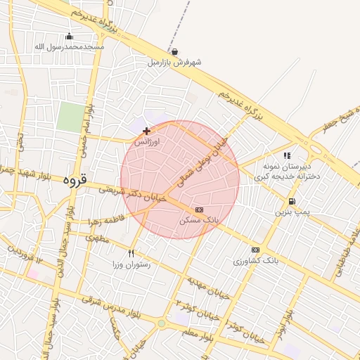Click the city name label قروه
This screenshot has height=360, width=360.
pos(74,180)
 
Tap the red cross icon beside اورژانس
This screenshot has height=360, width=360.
pos(146,131)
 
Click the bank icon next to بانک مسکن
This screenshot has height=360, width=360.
pos(199,210)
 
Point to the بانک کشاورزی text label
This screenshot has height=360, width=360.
pos(256,261)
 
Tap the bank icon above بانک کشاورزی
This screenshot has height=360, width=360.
pos(255,250)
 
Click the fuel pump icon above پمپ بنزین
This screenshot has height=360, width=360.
pos(291,201)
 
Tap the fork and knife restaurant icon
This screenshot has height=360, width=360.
pos(131,254)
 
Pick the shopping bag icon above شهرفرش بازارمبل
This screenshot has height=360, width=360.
pos(174,51)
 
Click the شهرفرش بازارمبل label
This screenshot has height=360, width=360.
pos(174,62)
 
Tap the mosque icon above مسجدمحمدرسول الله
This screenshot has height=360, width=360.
pos(69,37)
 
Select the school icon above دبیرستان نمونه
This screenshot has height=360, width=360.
pos(286,156)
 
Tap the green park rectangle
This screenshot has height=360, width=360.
pos(70,117)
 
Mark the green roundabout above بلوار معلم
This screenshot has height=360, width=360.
pos(162,323)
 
